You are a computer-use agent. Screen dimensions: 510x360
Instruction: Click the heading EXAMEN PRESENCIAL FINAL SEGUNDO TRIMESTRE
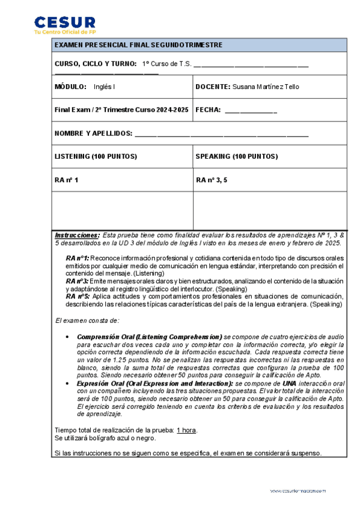pos(138,45)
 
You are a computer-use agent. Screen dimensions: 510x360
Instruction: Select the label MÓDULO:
pos(70,87)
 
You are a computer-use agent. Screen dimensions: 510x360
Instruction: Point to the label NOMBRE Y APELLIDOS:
pos(93,133)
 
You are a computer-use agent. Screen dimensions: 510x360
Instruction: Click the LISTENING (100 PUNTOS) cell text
pos(96,156)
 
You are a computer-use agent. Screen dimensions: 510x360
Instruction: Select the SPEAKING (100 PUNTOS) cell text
pos(236,156)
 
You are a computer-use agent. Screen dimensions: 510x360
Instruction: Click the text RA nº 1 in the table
pos(66,180)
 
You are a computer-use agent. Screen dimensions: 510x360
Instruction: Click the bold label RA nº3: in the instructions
pos(78,281)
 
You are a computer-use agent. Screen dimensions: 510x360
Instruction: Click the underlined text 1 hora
pos(187,430)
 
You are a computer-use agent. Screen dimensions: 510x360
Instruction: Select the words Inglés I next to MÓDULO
pos(105,87)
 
